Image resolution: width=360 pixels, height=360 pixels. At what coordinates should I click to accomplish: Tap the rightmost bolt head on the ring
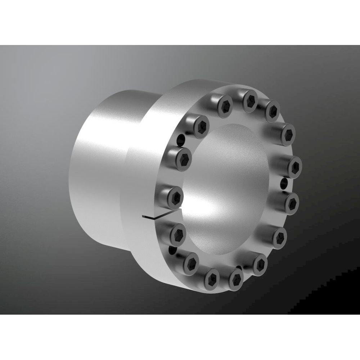[x=294, y=167]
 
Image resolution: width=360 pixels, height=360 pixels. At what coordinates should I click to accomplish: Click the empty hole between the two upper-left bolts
[x=181, y=139]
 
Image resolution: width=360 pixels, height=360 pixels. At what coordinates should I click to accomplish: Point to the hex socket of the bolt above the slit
[x=176, y=197]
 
